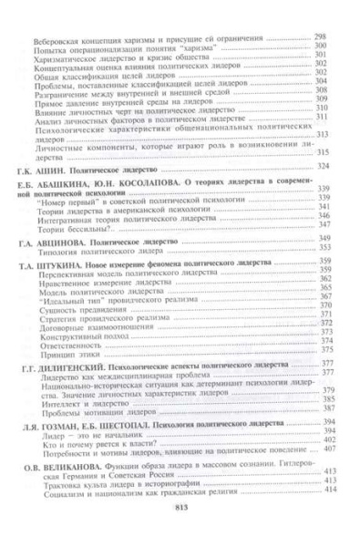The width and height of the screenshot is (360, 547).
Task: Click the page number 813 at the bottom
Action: pyautogui.click(x=180, y=533)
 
